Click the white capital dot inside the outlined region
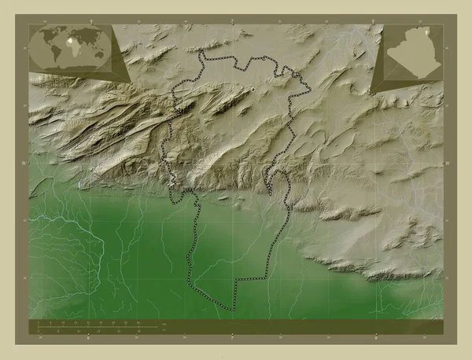pyautogui.click(x=253, y=91)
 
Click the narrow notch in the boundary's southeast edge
pyautogui.click(x=271, y=191)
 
